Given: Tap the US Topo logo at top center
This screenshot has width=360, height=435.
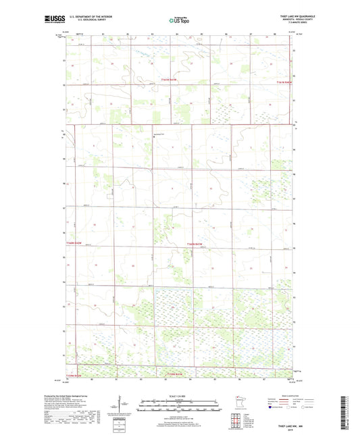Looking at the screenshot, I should click(x=179, y=21).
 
